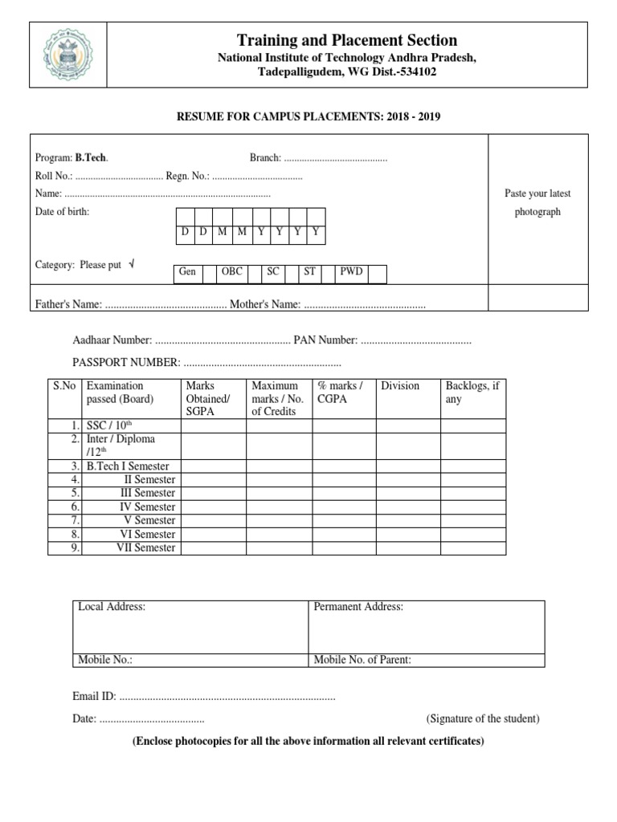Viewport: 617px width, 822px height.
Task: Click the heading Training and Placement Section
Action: pyautogui.click(x=347, y=40)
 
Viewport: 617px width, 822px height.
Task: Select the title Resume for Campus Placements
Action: pyautogui.click(x=308, y=116)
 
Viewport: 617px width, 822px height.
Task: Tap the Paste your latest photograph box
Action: pyautogui.click(x=537, y=203)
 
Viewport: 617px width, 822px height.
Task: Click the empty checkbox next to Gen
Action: pyautogui.click(x=209, y=274)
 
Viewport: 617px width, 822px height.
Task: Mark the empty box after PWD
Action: pyautogui.click(x=378, y=274)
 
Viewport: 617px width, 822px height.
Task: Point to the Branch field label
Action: pyautogui.click(x=265, y=158)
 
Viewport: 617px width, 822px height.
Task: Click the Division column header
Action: pyautogui.click(x=400, y=386)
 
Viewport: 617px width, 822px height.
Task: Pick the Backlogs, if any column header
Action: pyautogui.click(x=473, y=393)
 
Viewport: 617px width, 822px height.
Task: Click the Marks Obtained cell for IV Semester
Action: pyautogui.click(x=213, y=507)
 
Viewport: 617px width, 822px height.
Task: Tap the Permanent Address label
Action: pyautogui.click(x=358, y=607)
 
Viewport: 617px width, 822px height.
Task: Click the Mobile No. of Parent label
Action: pyautogui.click(x=362, y=660)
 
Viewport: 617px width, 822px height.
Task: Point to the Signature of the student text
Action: pyautogui.click(x=483, y=718)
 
